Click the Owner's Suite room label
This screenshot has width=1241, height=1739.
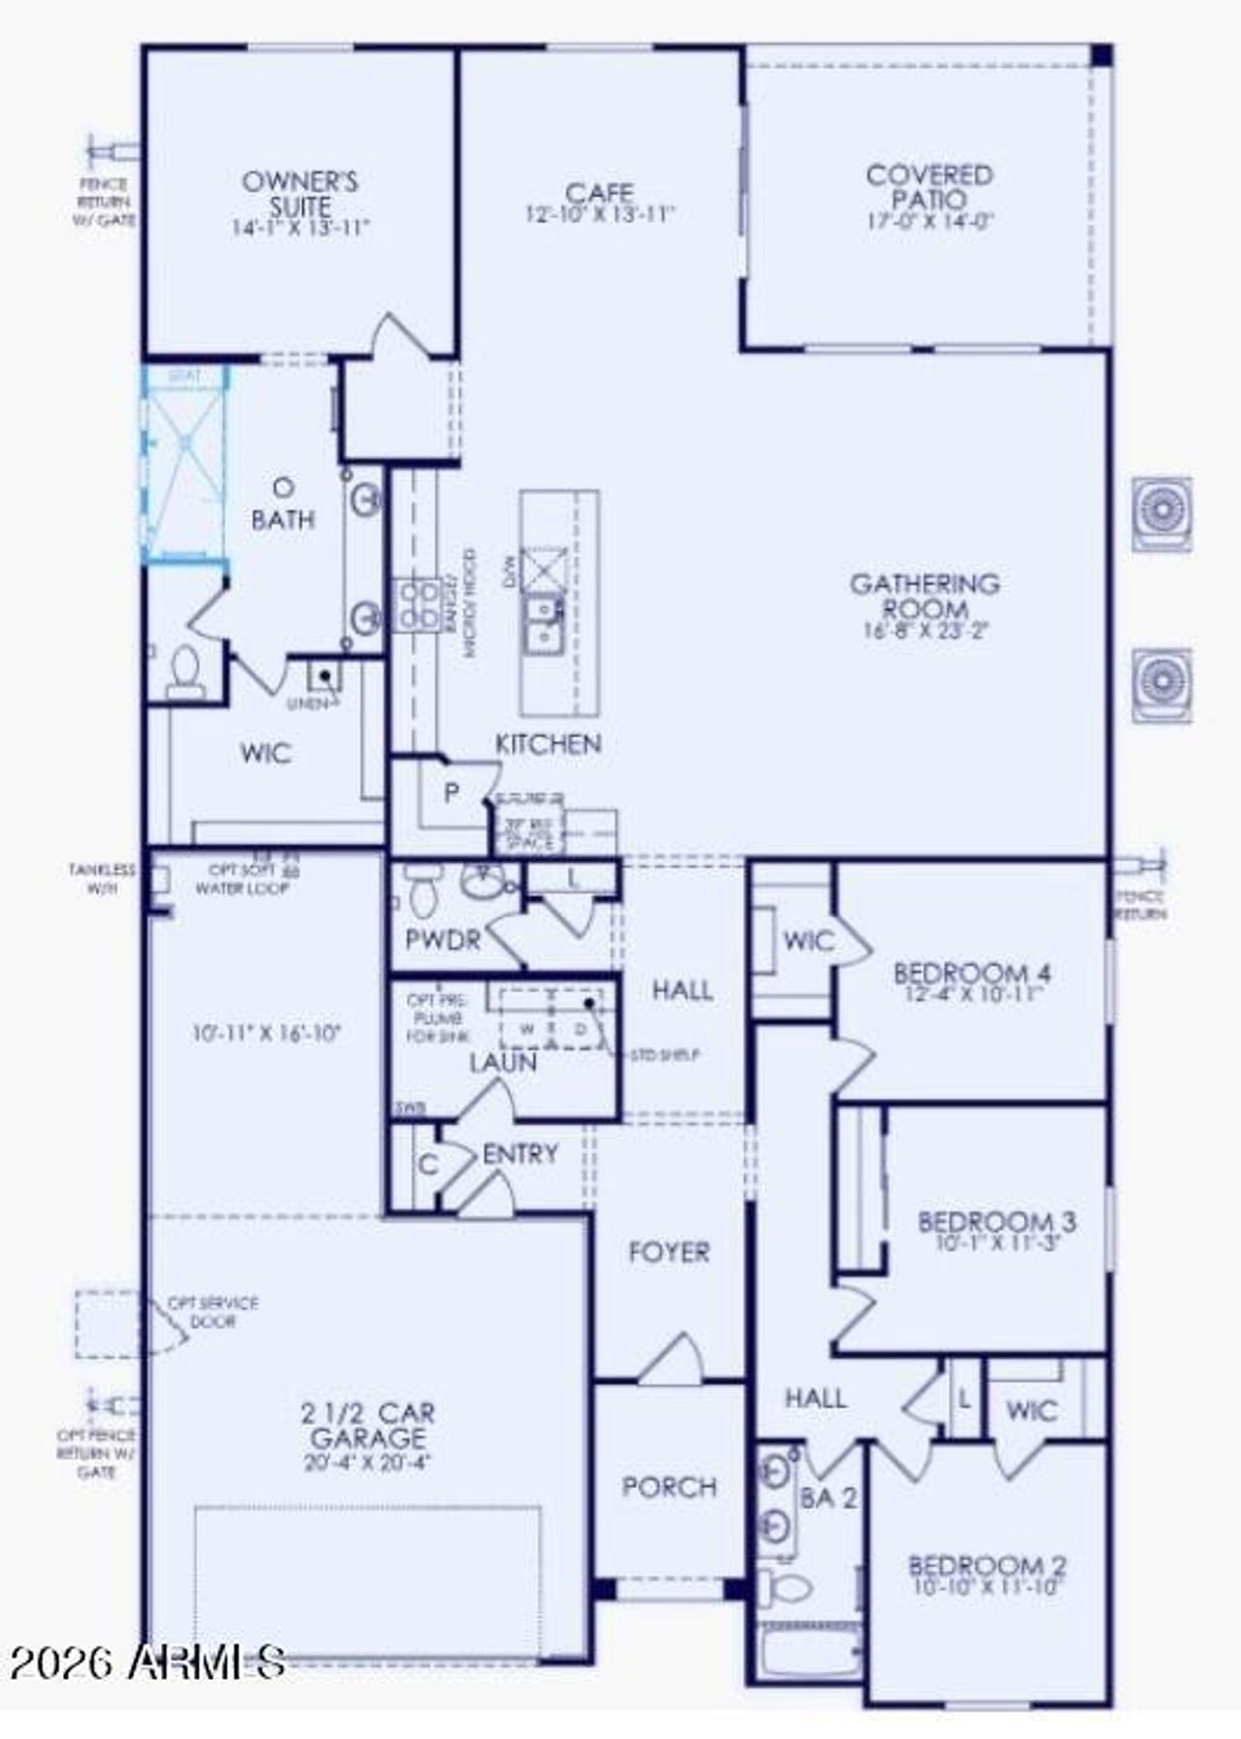(x=300, y=193)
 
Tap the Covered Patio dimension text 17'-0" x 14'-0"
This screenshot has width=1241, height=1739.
(x=930, y=221)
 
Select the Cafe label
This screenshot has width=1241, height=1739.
(x=599, y=192)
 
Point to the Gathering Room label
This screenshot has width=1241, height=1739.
(x=925, y=596)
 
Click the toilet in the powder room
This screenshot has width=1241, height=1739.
(x=423, y=893)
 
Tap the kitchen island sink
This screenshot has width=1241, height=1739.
(x=542, y=622)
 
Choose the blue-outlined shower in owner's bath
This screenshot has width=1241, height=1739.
(x=184, y=464)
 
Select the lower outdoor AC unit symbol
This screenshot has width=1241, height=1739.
(x=1161, y=685)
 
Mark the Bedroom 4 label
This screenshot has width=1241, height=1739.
(x=971, y=972)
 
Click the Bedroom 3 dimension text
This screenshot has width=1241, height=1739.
(x=998, y=1242)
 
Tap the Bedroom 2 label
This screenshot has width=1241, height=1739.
(x=987, y=1564)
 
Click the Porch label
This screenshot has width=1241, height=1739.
(x=669, y=1487)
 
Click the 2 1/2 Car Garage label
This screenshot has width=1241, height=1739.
(x=367, y=1425)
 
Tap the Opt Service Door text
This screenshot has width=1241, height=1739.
(x=212, y=1311)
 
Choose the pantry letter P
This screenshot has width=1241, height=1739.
(x=451, y=793)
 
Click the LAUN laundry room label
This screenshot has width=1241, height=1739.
(x=502, y=1063)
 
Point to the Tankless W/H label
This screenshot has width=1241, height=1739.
(x=101, y=878)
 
